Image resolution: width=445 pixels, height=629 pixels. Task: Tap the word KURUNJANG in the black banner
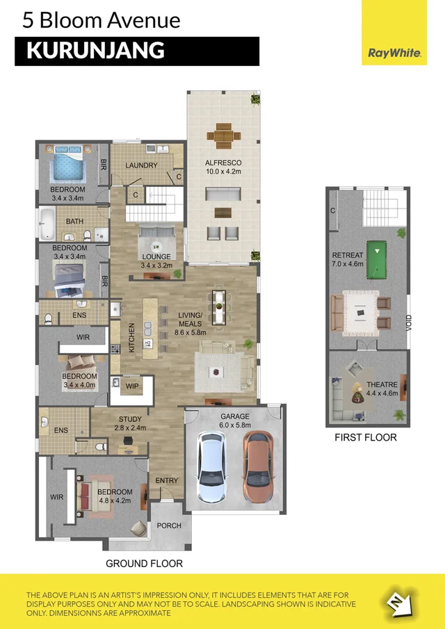pyautogui.click(x=95, y=51)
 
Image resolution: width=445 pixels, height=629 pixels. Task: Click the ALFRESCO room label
pyautogui.click(x=222, y=163)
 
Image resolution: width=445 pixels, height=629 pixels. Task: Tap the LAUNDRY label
pyautogui.click(x=141, y=165)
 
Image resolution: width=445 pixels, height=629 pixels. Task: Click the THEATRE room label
pyautogui.click(x=382, y=384)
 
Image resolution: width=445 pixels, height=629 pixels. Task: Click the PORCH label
pyautogui.click(x=168, y=525)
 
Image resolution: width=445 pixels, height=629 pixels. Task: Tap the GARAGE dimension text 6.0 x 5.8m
pyautogui.click(x=235, y=425)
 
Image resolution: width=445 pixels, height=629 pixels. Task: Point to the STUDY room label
pyautogui.click(x=130, y=419)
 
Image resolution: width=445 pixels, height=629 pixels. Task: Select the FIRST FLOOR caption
pyautogui.click(x=366, y=437)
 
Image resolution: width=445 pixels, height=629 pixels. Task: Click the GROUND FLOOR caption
pyautogui.click(x=144, y=563)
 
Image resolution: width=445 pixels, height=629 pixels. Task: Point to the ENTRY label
pyautogui.click(x=167, y=480)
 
